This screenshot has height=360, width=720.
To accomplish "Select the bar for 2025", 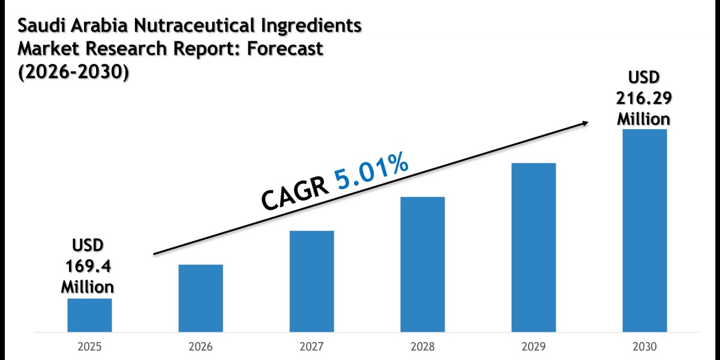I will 89,315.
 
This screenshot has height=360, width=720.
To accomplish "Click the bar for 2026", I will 200,298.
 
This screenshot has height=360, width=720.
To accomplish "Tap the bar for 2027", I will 311,281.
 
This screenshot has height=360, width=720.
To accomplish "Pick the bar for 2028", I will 422,264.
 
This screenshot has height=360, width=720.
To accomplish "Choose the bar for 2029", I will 533,247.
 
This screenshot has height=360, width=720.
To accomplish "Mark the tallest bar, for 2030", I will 644,230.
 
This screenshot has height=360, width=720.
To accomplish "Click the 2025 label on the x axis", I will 89,346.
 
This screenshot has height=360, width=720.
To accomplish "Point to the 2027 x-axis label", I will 311,346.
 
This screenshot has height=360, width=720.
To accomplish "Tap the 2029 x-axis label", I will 533,346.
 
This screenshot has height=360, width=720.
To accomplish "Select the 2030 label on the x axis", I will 644,346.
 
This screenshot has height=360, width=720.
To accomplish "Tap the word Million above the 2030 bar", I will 644,118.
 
